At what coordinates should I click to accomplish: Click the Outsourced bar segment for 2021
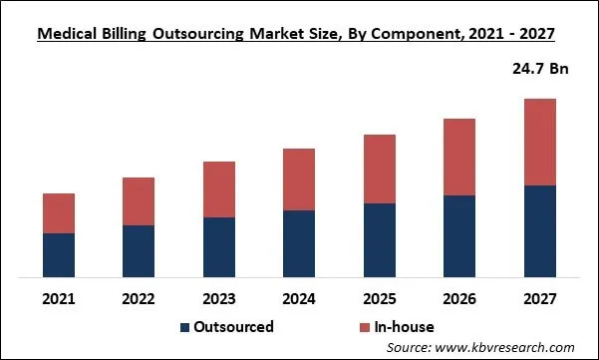(59, 254)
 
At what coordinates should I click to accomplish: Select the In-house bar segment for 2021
(59, 213)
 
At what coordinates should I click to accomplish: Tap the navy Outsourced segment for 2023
(219, 246)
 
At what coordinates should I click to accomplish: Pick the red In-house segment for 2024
(299, 180)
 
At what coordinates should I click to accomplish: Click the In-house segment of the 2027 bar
(539, 143)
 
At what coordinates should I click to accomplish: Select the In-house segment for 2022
(139, 201)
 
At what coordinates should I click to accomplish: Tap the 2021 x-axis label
(59, 298)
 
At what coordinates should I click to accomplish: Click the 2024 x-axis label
(299, 298)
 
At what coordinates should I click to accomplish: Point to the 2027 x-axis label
(539, 298)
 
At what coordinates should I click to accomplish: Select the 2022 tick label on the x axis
(139, 298)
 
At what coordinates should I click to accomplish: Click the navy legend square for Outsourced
(185, 327)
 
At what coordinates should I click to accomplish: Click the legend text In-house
(404, 327)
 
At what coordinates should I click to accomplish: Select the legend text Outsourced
(235, 327)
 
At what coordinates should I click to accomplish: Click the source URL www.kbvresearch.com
(512, 347)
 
